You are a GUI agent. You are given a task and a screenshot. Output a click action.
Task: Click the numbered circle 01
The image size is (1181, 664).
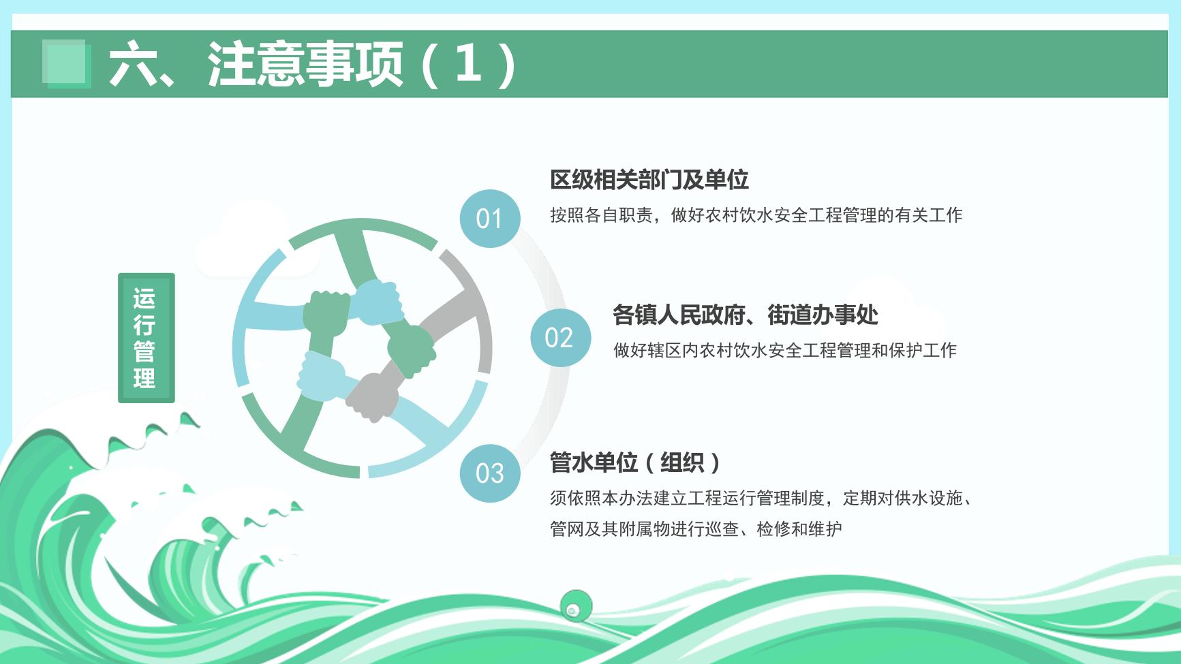coord(489,218)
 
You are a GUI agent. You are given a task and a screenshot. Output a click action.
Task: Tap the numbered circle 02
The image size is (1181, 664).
coord(560,337)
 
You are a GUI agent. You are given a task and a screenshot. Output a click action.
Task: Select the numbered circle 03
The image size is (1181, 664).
coord(489,473)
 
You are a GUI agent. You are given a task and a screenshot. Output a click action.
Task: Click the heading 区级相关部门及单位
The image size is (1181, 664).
coord(649,180)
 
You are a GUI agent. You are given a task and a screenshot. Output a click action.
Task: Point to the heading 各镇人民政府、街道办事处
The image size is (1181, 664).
coord(746,315)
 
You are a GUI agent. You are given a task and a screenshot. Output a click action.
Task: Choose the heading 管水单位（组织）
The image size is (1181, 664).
coord(635,462)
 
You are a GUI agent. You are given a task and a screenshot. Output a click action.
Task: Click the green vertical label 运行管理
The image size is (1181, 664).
coord(146,338)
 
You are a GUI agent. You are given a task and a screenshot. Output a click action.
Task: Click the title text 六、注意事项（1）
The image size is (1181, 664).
coord(313,64)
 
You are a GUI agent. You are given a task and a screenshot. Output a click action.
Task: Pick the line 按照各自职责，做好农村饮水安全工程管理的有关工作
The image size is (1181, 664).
coord(756,215)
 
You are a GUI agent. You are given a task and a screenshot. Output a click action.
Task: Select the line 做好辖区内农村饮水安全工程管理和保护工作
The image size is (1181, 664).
coord(785,350)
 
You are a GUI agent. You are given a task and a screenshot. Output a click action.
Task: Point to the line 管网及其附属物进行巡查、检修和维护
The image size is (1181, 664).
coord(696,528)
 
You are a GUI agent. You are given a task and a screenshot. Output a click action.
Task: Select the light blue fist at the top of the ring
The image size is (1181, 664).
coord(377,302)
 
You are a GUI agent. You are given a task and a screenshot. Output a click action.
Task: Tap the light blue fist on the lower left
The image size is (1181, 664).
coord(322,373)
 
